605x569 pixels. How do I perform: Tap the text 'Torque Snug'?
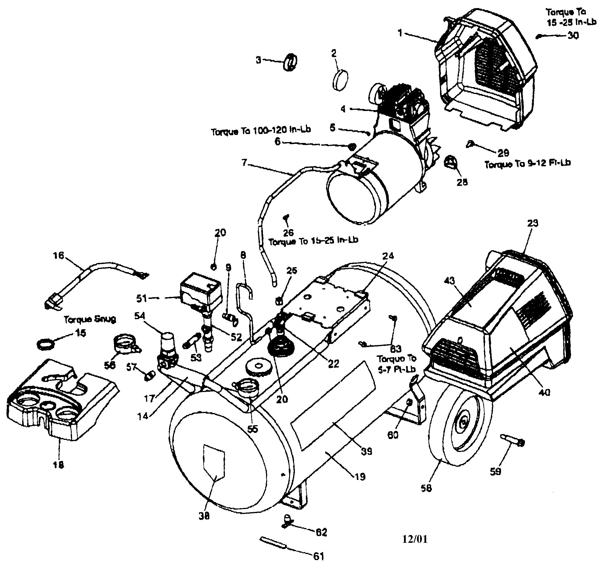(x=90, y=319)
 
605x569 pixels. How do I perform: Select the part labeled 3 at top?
(x=290, y=62)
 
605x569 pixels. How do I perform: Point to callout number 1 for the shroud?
(x=401, y=33)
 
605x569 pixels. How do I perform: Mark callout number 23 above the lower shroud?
(x=532, y=223)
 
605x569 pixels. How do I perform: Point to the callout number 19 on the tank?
(x=360, y=477)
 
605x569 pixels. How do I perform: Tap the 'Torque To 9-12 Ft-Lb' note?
(x=528, y=163)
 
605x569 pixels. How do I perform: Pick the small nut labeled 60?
(x=409, y=403)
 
